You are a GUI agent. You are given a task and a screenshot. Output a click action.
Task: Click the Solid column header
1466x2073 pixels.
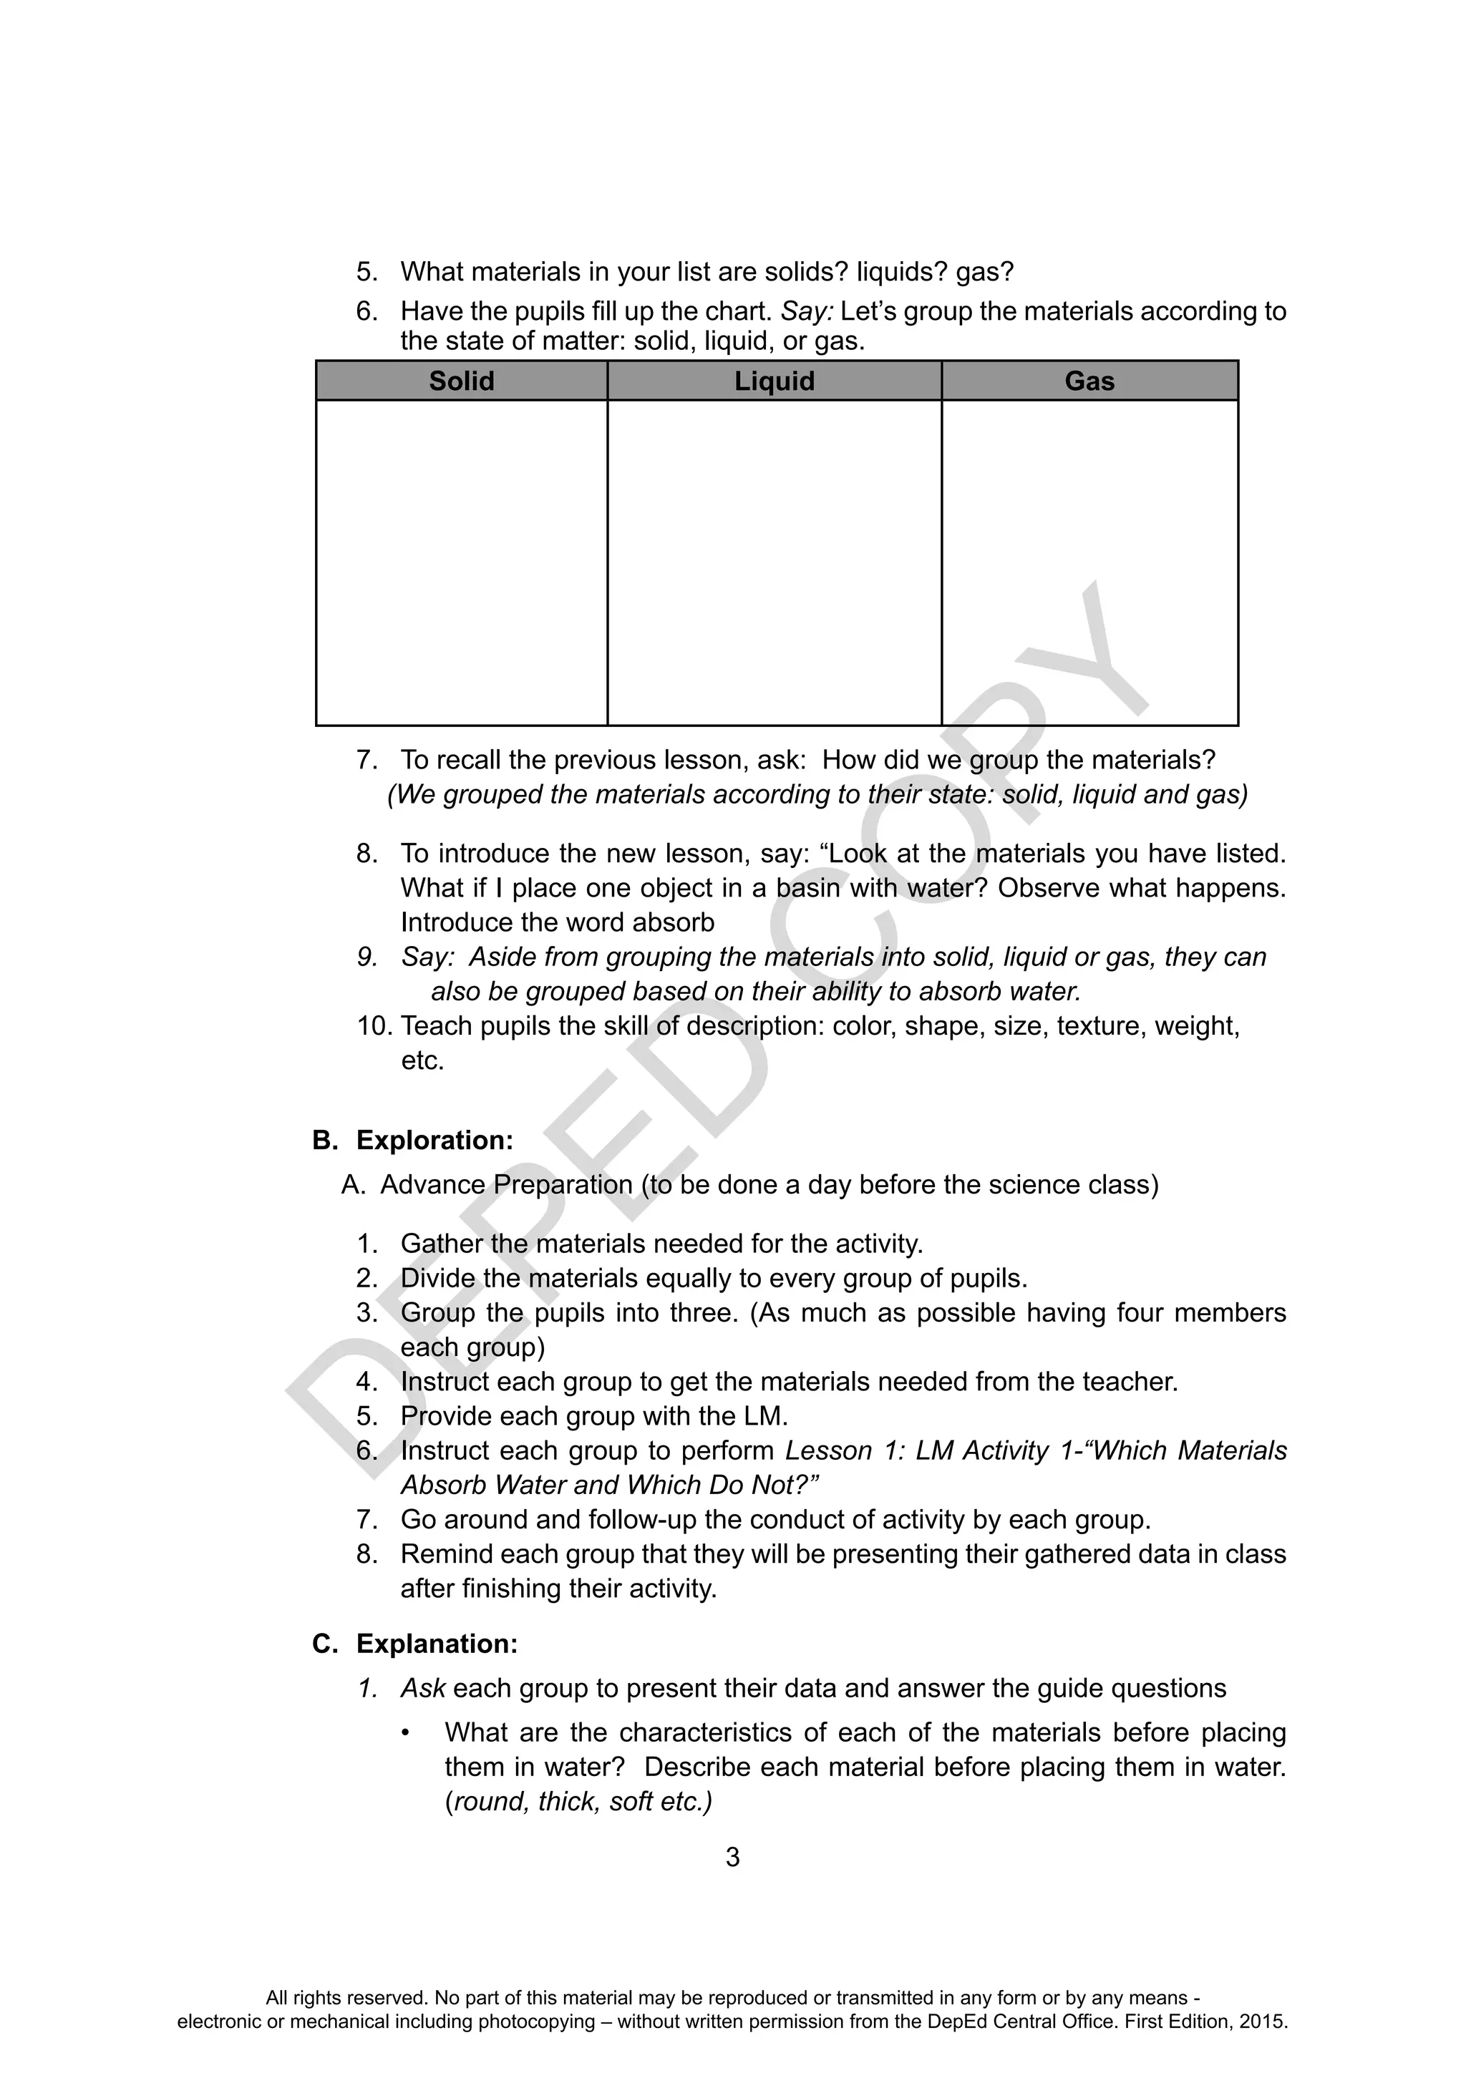coord(461,381)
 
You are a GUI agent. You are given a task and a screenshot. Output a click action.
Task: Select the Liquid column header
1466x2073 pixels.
coord(774,381)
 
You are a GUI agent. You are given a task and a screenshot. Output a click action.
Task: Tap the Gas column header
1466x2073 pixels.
coord(1089,381)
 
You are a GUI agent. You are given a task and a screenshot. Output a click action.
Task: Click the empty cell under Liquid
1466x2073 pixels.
coord(774,562)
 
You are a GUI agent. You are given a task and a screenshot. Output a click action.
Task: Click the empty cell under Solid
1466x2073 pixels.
coord(461,562)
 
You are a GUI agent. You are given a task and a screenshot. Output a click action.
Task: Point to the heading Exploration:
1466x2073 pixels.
coord(435,1141)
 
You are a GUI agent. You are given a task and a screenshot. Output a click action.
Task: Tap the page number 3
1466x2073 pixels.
coord(732,1857)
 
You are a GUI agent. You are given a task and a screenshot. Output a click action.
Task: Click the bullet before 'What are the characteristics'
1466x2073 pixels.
coord(407,1732)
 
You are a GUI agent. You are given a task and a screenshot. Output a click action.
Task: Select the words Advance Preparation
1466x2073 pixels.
coord(507,1184)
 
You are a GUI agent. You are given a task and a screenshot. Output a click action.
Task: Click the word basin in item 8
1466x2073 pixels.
coord(808,889)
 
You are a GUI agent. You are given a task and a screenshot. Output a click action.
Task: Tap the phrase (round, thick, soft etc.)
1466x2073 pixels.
coord(579,1801)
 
